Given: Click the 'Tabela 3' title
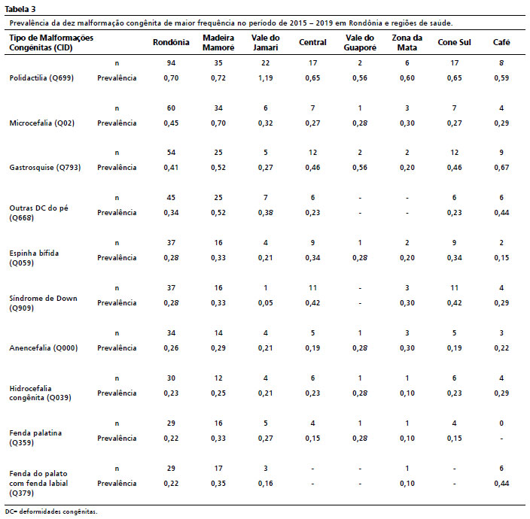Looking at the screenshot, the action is [20, 9].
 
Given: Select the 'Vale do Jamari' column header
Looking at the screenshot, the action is [265, 43].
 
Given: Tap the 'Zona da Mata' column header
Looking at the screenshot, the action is [407, 43].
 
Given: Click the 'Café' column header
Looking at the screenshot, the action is [501, 42].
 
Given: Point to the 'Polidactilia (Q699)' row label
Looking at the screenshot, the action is [41, 78].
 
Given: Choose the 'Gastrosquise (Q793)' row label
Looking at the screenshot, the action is [45, 168].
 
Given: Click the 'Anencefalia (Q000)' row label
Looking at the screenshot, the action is [44, 348].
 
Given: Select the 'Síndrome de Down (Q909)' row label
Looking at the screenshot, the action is [43, 303].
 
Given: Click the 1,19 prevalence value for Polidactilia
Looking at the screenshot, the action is [265, 78].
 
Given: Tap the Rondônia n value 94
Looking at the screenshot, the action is [171, 63].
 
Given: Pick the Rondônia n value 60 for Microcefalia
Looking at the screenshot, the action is [171, 108].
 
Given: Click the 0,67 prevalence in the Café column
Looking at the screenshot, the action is [501, 168].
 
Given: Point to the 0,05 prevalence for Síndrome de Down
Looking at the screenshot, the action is [265, 303].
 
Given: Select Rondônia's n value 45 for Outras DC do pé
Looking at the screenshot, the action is [171, 198].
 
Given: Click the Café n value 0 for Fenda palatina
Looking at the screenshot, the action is [501, 423].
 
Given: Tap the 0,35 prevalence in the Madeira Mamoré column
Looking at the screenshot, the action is [218, 484].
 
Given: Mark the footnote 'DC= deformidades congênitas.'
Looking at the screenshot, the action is [51, 511].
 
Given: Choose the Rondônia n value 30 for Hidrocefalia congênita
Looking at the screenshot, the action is [171, 378].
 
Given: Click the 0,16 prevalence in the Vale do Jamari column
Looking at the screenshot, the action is [265, 484].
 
